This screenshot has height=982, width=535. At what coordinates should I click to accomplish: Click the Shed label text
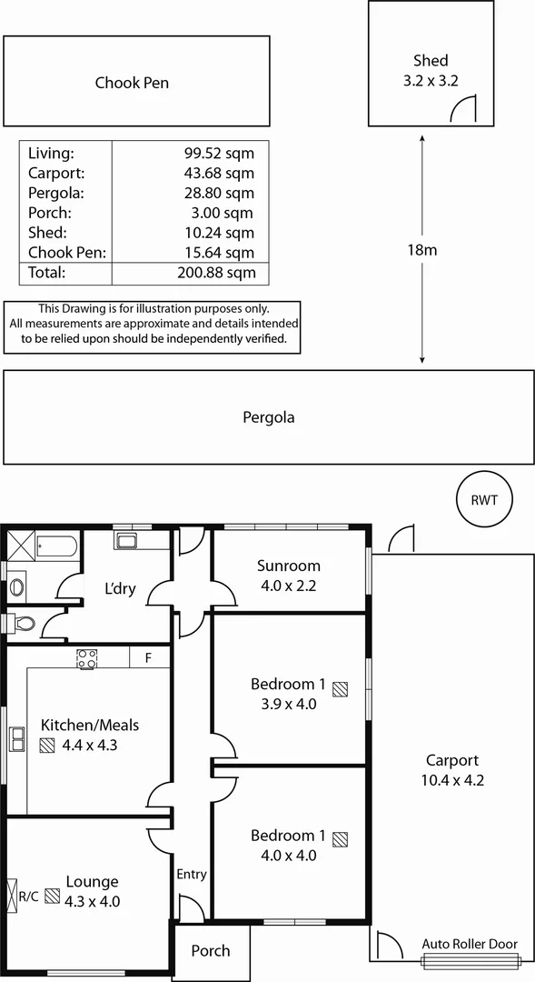point(431,61)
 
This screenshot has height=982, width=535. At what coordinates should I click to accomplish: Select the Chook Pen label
point(132,83)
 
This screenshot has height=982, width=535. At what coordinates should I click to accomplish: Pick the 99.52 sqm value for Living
point(219,153)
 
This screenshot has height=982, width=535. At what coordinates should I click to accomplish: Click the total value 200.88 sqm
point(216,273)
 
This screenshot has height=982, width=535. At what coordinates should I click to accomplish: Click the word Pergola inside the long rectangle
point(268,418)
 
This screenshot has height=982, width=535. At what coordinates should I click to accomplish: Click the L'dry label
point(120,588)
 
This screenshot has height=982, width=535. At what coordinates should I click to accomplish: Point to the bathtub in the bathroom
point(59,548)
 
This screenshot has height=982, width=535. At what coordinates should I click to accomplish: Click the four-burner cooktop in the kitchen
point(87,658)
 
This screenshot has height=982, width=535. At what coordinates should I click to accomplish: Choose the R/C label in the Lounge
point(28,897)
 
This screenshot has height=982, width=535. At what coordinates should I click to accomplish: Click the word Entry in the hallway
point(192,875)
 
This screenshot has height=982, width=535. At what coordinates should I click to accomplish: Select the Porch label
point(210,951)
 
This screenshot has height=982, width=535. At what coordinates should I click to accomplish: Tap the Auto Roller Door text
point(470,944)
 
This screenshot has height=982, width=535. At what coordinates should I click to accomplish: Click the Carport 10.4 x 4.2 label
point(451,770)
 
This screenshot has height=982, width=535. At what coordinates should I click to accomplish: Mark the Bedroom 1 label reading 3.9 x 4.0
point(283,694)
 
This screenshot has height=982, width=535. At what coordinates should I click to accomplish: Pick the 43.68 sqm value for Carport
point(219,173)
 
